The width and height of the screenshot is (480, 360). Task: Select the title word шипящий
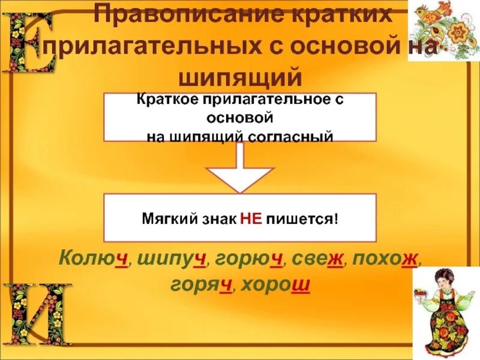[240, 77]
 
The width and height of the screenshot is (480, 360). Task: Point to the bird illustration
[443, 30]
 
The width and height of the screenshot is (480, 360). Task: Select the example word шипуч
[172, 259]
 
